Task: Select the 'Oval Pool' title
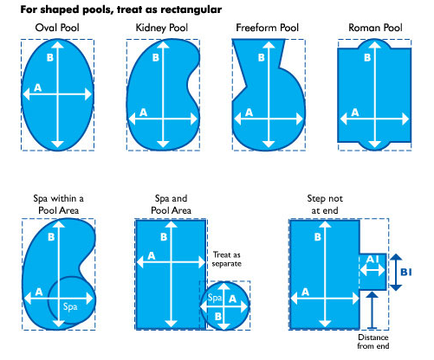(57, 29)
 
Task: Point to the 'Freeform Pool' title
(268, 29)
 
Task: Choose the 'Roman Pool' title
(372, 29)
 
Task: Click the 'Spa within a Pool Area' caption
(55, 204)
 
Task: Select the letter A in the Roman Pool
(353, 113)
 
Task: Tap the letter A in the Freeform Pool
(249, 112)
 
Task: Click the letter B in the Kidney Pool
(155, 58)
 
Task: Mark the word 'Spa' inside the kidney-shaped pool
(70, 306)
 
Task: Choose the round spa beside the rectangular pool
(225, 305)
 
